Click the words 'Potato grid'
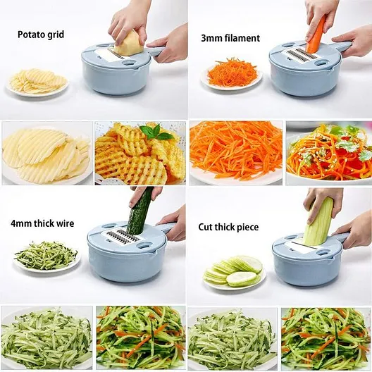41,35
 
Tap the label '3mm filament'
230,38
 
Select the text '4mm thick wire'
42,223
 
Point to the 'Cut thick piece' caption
228,227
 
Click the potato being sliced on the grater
130,44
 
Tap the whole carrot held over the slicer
316,36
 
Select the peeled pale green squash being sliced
318,223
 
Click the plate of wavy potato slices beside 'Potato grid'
38,82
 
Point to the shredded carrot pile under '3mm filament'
232,73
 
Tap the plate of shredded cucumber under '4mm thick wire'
46,257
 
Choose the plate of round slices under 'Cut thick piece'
234,273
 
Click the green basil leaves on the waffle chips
156,133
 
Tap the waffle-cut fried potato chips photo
140,154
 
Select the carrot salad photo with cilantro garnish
329,154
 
